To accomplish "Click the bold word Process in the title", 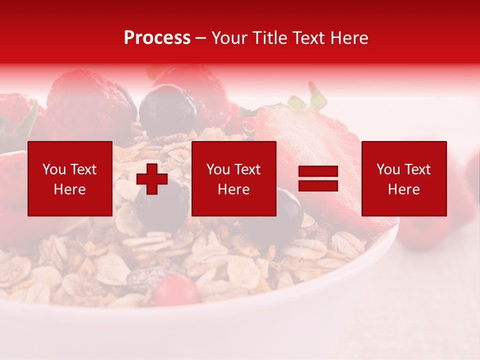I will [157, 38].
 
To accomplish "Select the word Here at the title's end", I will [349, 38].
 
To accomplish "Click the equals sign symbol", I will [318, 179].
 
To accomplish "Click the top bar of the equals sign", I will [318, 171].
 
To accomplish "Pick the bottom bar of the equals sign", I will [318, 186].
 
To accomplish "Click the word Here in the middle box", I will [233, 189].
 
